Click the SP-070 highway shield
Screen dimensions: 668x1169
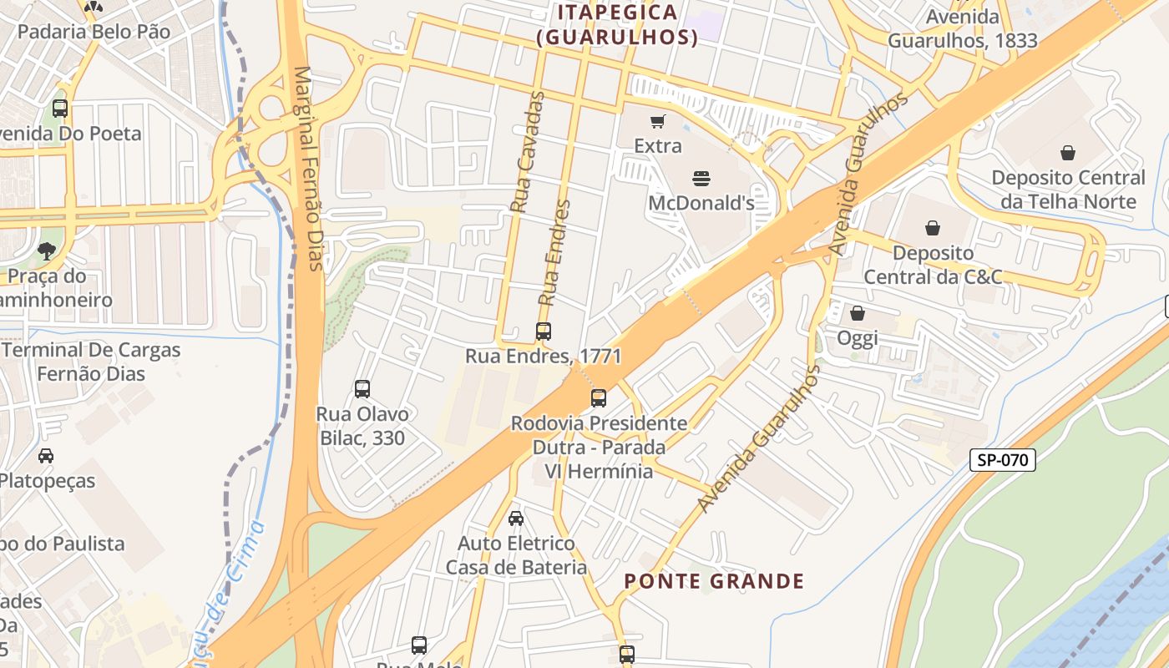click(x=1002, y=459)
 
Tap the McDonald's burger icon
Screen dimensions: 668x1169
click(x=701, y=178)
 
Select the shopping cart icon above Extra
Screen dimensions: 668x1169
click(x=657, y=122)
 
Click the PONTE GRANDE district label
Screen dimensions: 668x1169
click(x=715, y=581)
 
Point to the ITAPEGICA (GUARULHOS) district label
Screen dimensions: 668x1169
click(x=617, y=25)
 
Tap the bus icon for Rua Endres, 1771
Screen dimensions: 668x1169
click(x=544, y=331)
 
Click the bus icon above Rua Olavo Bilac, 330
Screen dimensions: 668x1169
click(x=362, y=388)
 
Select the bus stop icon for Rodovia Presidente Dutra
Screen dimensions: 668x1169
click(x=599, y=398)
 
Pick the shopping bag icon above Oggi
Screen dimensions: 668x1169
click(x=858, y=313)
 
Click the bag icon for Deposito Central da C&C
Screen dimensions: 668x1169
click(x=933, y=227)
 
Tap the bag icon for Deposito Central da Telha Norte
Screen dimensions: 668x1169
click(x=1067, y=153)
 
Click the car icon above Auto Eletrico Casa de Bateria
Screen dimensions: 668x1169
click(x=516, y=519)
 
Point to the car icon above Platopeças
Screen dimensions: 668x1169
click(x=46, y=456)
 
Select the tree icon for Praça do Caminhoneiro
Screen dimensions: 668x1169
click(x=46, y=250)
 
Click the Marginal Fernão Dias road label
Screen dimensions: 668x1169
click(x=307, y=169)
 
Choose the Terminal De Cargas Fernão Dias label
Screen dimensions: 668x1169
click(x=91, y=362)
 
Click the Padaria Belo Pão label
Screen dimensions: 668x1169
click(x=94, y=32)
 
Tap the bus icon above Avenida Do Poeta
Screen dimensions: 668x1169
click(x=60, y=109)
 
